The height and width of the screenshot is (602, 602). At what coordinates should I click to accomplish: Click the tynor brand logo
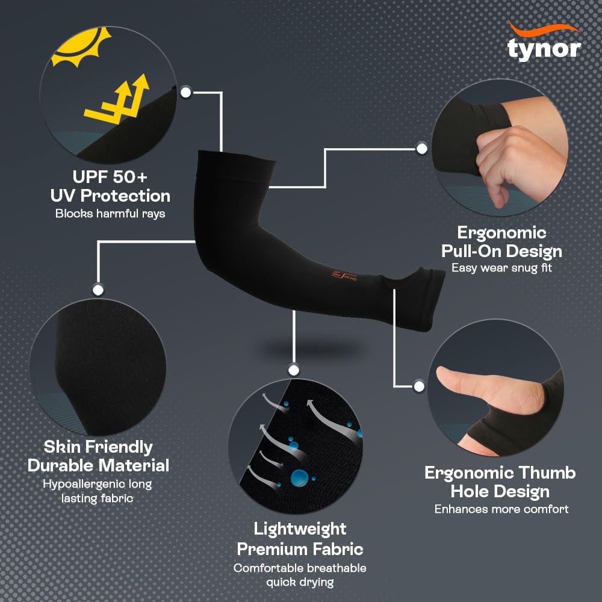544,42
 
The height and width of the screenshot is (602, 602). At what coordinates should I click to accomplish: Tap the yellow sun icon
81,47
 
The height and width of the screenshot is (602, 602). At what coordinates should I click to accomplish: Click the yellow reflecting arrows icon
117,101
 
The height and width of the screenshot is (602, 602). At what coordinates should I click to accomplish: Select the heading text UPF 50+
110,177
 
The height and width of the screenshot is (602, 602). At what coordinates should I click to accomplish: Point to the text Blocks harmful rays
110,214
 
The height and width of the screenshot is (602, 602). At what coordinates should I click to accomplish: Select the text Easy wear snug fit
501,268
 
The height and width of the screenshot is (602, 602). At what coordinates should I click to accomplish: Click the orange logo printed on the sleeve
344,275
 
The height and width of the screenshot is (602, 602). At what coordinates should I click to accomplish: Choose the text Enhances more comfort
501,509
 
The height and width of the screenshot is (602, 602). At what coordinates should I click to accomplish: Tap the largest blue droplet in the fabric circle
299,478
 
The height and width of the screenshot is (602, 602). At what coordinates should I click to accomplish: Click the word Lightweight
300,529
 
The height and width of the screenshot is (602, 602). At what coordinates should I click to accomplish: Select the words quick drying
300,582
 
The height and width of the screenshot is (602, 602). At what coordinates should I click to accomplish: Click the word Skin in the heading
62,447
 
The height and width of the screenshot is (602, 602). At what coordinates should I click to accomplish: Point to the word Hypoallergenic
83,484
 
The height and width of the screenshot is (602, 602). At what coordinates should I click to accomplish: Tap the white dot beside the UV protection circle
186,92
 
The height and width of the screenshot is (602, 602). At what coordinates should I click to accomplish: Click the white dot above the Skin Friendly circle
98,290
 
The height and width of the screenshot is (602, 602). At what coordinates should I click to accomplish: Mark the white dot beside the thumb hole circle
419,386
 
